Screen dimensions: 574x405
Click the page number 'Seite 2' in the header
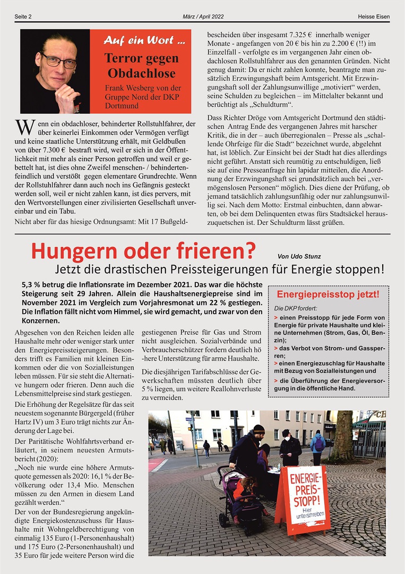pos(23,16)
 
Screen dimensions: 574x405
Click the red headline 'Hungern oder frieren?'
pos(143,250)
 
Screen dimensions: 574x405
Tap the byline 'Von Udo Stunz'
pos(299,256)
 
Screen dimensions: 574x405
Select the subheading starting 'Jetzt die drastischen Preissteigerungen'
pos(219,268)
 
